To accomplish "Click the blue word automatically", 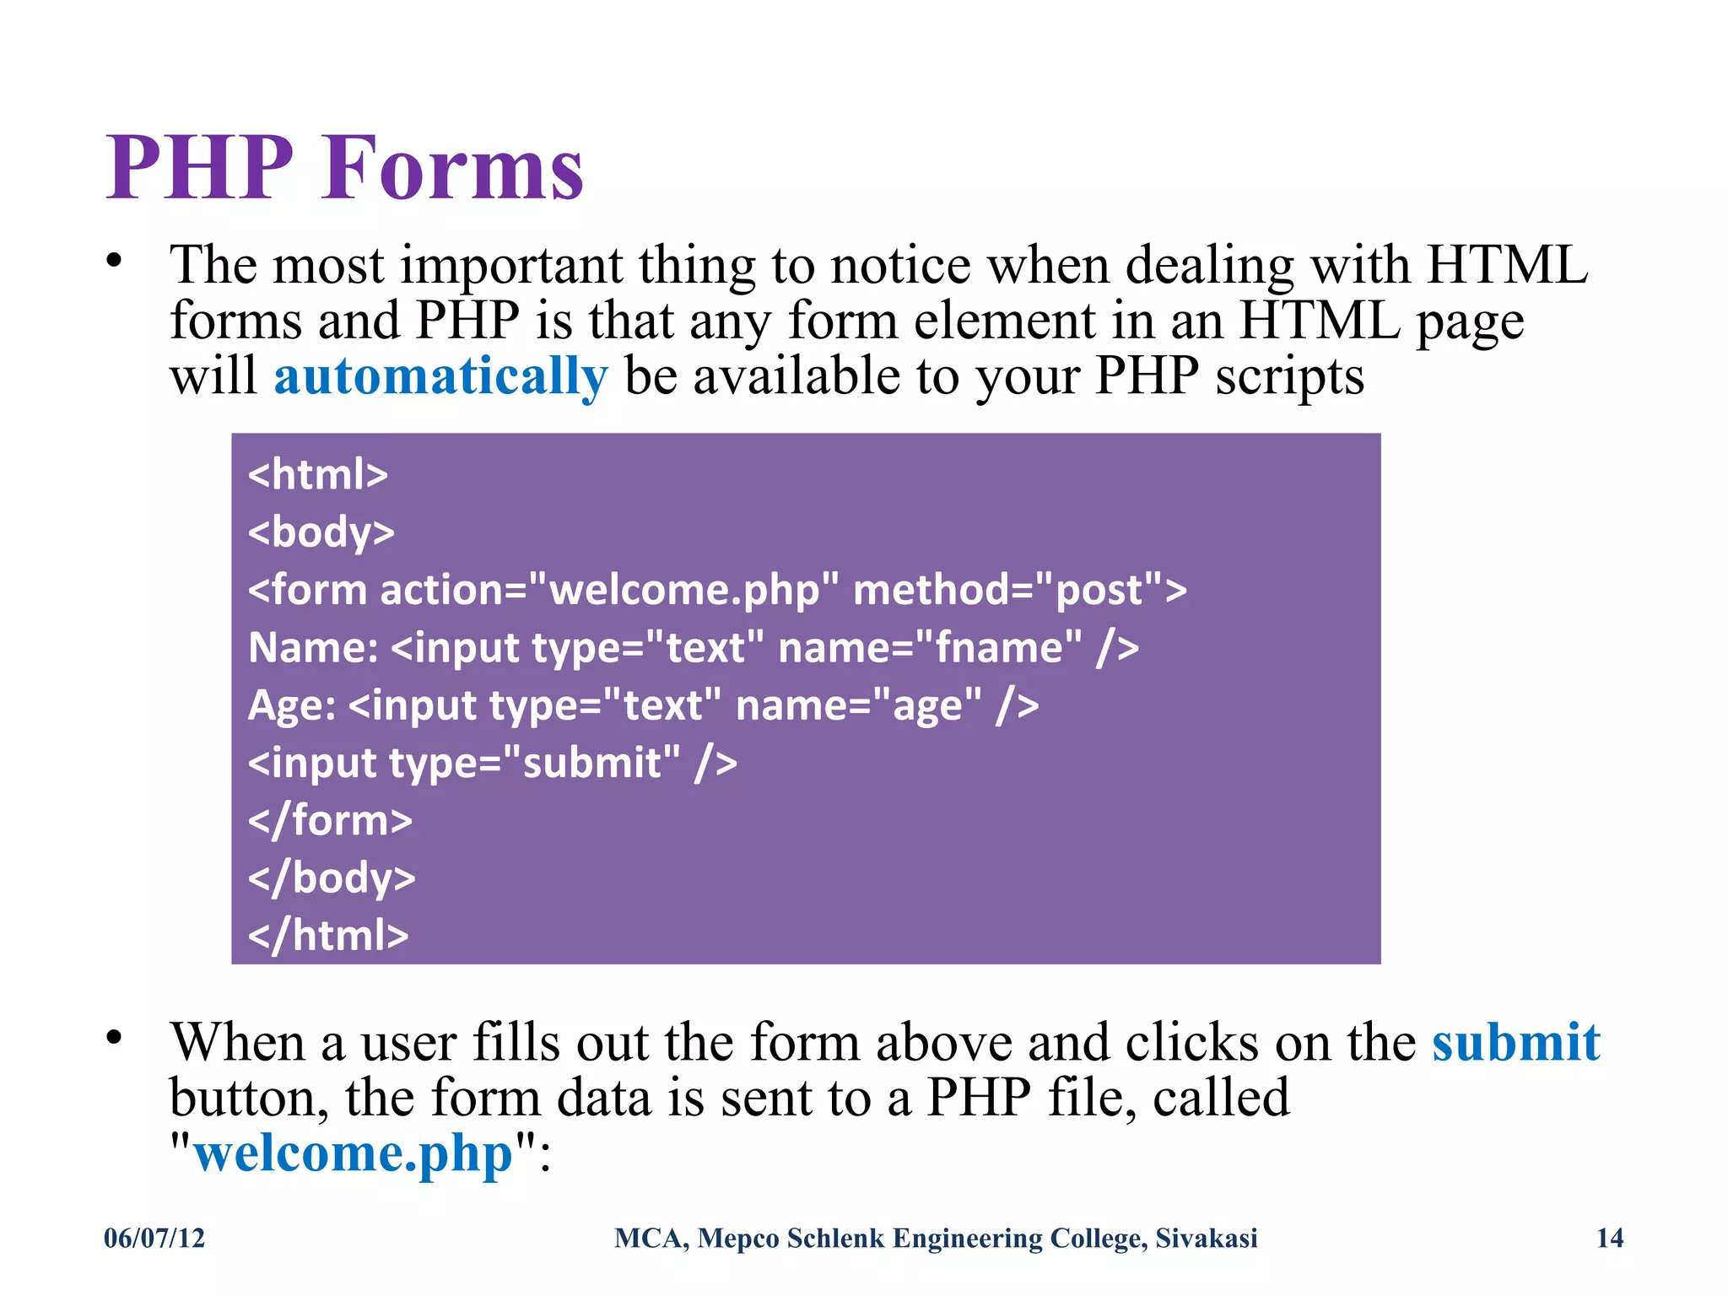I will pos(440,376).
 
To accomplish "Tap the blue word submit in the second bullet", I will pos(1515,1043).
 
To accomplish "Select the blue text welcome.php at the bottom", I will pos(353,1154).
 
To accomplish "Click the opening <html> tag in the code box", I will pos(318,475).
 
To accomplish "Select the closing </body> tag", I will pos(332,878).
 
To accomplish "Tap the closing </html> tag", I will pos(328,936).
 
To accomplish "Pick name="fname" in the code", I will pos(929,648).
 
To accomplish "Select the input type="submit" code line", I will pos(492,763).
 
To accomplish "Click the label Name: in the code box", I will pos(313,648).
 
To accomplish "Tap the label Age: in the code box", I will pos(291,705).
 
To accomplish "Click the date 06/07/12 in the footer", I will pos(154,1238).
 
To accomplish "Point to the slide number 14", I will pos(1610,1238).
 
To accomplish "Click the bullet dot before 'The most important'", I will pos(114,261).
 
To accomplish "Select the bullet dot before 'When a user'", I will pos(114,1038).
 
